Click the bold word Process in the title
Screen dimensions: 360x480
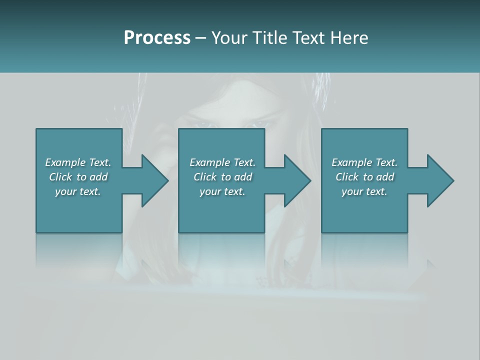coord(157,38)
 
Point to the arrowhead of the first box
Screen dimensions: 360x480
coord(155,180)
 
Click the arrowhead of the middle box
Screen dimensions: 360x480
coord(297,180)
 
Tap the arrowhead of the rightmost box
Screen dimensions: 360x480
coord(440,180)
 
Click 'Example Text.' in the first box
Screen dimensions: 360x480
coord(78,162)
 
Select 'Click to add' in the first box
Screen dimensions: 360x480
coord(78,177)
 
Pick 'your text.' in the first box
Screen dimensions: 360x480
coord(78,191)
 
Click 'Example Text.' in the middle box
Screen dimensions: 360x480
coord(222,162)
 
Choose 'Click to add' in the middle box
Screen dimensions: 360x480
coord(222,177)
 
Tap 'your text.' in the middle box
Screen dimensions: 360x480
coord(222,191)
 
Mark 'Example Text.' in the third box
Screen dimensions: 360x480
coord(364,162)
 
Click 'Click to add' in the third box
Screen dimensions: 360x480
coord(365,177)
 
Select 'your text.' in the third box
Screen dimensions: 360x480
coord(364,191)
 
